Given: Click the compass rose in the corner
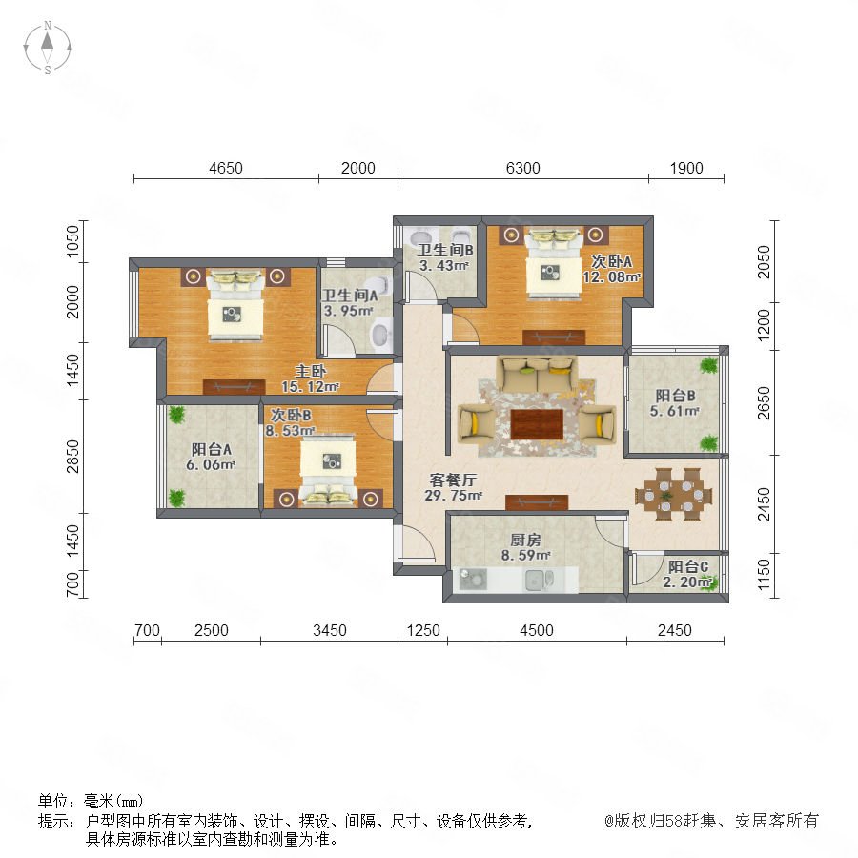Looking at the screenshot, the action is point(48,48).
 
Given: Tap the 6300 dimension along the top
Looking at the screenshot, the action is point(522,168).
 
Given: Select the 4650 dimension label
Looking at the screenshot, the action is point(225,168).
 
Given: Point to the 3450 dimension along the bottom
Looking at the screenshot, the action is point(330,630).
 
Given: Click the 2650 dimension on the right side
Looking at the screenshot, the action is point(764,402).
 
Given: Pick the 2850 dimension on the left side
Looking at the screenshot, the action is point(72,456).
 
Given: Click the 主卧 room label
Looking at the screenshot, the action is point(310,371).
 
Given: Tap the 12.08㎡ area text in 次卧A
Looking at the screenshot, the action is point(611,276).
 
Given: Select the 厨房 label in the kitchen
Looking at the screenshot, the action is point(525,541).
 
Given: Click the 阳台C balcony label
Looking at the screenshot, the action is point(687,567).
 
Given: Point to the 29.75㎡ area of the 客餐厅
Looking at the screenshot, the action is point(453,496).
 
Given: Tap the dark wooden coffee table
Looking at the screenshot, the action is point(537,424).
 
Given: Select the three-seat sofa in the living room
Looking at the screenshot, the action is point(537,376).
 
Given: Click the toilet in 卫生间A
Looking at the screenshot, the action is point(380,336).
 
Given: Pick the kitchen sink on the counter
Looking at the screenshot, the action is point(539,580).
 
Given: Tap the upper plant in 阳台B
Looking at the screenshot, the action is point(709,365).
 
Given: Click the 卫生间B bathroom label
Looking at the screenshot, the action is point(445,250).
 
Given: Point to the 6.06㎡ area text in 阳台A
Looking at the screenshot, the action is point(211,464).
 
